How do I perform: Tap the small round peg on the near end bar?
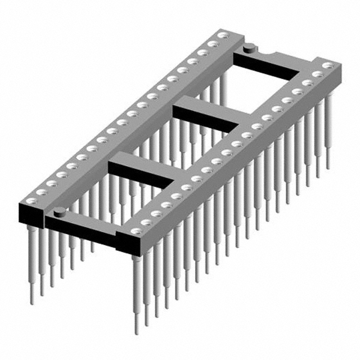pyautogui.click(x=58, y=211)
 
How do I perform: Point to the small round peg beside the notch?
pyautogui.click(x=247, y=49)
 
